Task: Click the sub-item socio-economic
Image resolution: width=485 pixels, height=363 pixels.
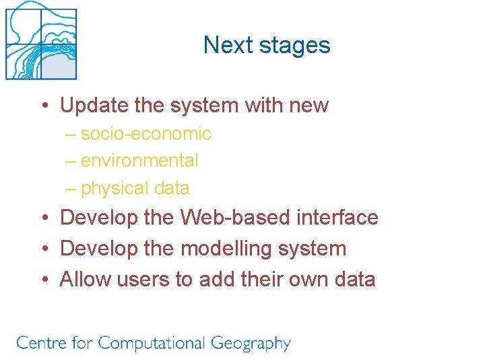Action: (x=145, y=134)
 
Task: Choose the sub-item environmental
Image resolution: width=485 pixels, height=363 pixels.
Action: (x=139, y=161)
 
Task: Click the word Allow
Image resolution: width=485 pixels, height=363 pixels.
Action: (x=86, y=279)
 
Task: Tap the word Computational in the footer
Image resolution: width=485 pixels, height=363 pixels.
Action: (x=151, y=344)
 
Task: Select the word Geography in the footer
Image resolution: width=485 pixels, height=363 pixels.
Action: (x=251, y=344)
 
